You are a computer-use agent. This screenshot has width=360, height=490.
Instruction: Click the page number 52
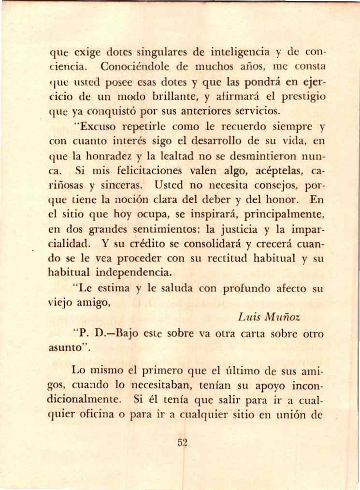coord(182,443)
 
